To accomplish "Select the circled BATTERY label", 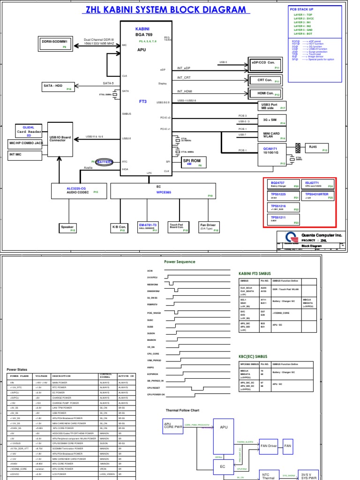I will tap(105, 161).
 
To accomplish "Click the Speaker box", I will tap(67, 228).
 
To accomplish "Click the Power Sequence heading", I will tap(180, 262).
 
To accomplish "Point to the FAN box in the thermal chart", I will tap(287, 446).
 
